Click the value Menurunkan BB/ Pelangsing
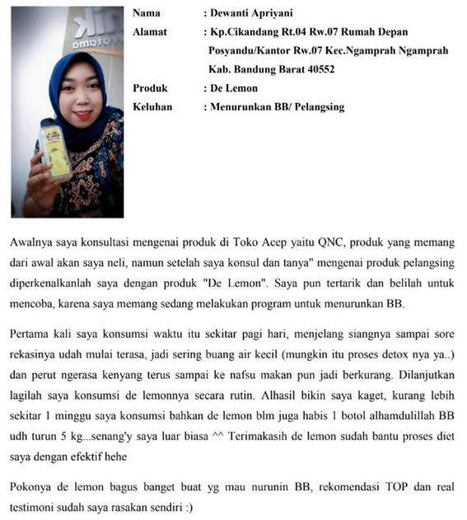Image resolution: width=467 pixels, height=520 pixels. (x=278, y=106)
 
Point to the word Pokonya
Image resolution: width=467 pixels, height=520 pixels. (x=33, y=487)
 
